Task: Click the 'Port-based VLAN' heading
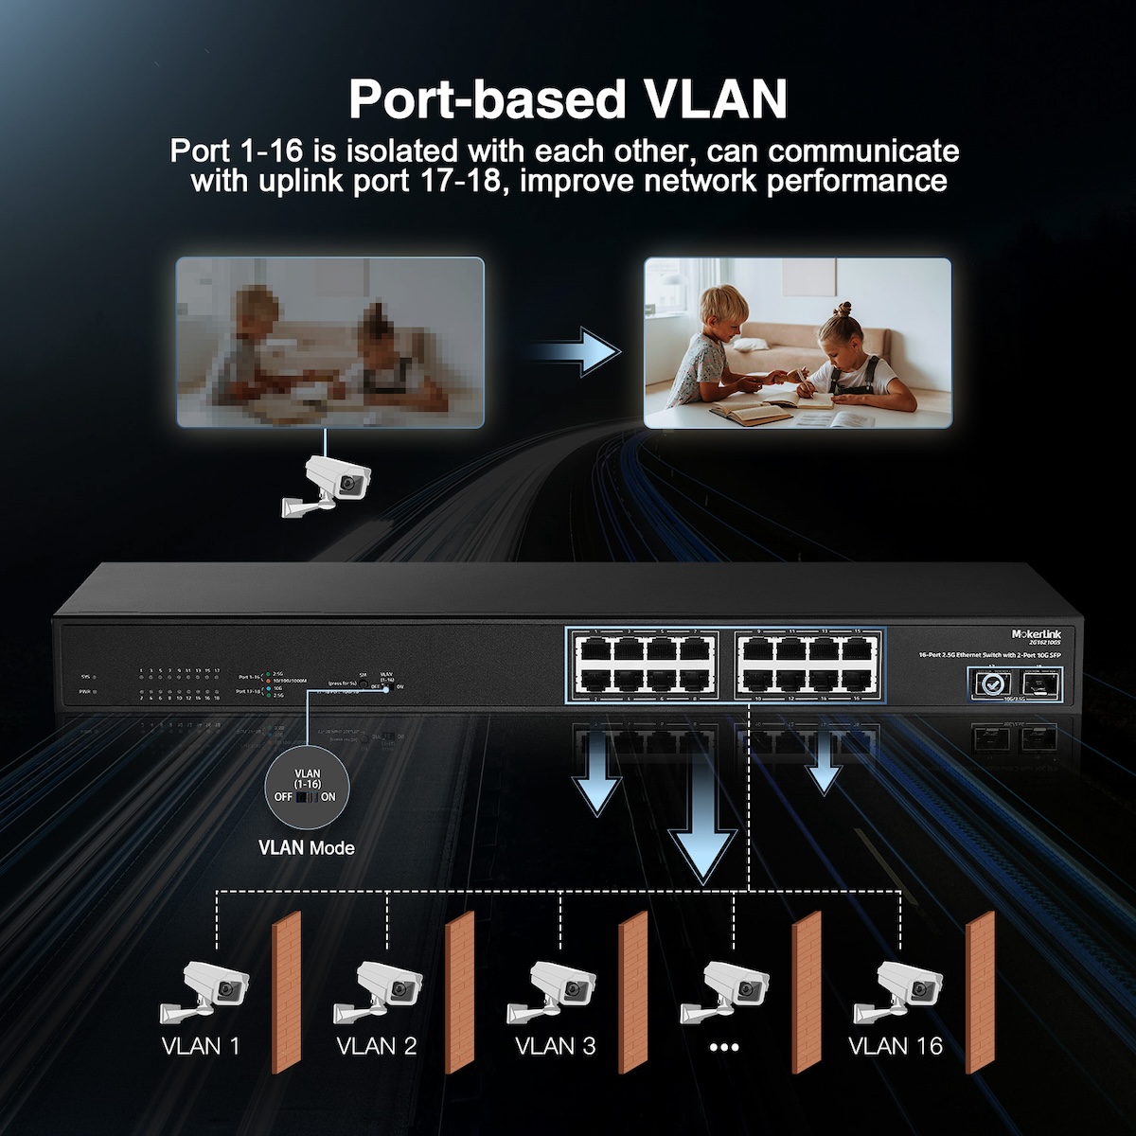[x=568, y=98]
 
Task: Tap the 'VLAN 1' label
[x=201, y=1045]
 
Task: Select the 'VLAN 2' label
[x=376, y=1045]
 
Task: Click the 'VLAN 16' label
[x=896, y=1045]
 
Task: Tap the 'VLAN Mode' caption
[x=307, y=846]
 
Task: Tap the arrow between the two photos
[x=575, y=351]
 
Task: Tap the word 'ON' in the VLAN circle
[x=328, y=797]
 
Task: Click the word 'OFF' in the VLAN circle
[x=283, y=797]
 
